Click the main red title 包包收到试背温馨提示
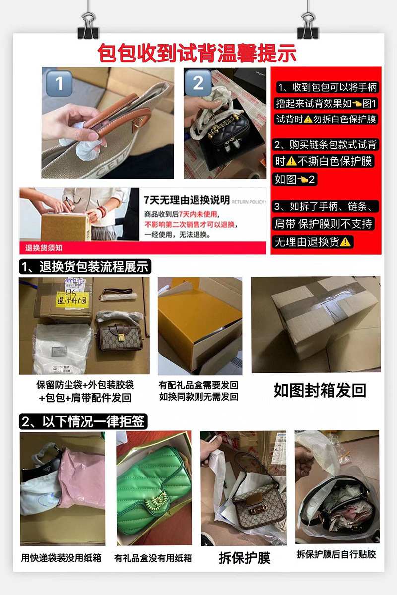[x=197, y=53]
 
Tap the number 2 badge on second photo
[x=198, y=83]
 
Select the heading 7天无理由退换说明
[x=186, y=200]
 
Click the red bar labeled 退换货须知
[x=45, y=248]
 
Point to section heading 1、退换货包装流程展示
[x=85, y=267]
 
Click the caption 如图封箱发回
[x=320, y=390]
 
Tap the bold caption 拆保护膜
[x=244, y=557]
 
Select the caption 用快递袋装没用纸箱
[x=61, y=558]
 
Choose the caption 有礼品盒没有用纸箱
[x=153, y=558]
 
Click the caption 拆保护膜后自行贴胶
[x=336, y=554]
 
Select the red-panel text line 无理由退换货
[x=313, y=242]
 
